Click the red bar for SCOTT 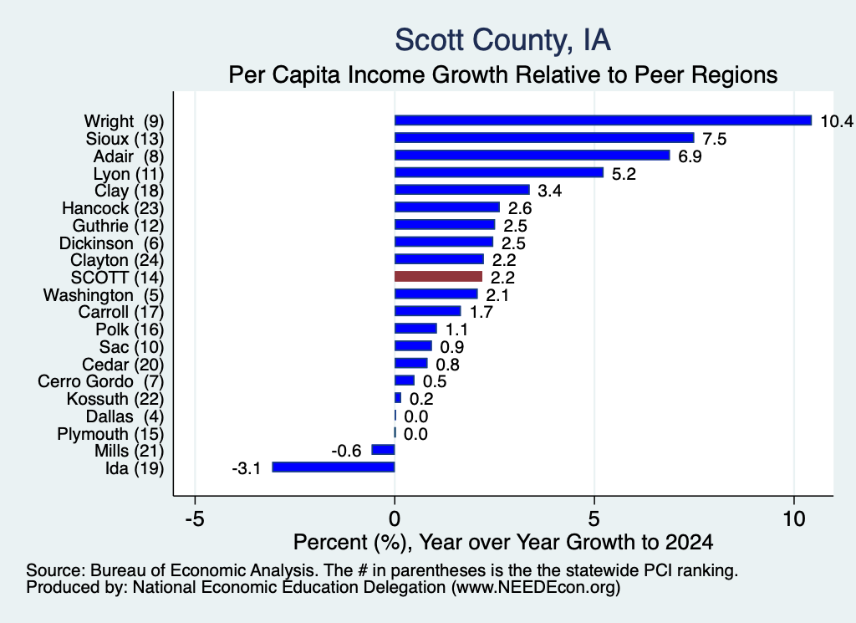pyautogui.click(x=438, y=276)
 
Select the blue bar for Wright pyautogui.click(x=604, y=120)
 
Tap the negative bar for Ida pyautogui.click(x=334, y=467)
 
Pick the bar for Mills pyautogui.click(x=383, y=449)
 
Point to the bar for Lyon pyautogui.click(x=499, y=172)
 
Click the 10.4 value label pyautogui.click(x=836, y=120)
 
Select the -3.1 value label pyautogui.click(x=247, y=468)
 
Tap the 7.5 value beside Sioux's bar pyautogui.click(x=715, y=139)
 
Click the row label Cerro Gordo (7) pyautogui.click(x=100, y=381)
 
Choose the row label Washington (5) pyautogui.click(x=103, y=295)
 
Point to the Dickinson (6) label pyautogui.click(x=111, y=243)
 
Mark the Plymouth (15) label pyautogui.click(x=110, y=434)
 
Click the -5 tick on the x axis pyautogui.click(x=195, y=518)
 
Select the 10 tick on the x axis pyautogui.click(x=794, y=518)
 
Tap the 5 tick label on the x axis pyautogui.click(x=594, y=518)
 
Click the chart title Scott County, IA pyautogui.click(x=502, y=40)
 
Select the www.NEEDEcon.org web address pyautogui.click(x=536, y=587)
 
